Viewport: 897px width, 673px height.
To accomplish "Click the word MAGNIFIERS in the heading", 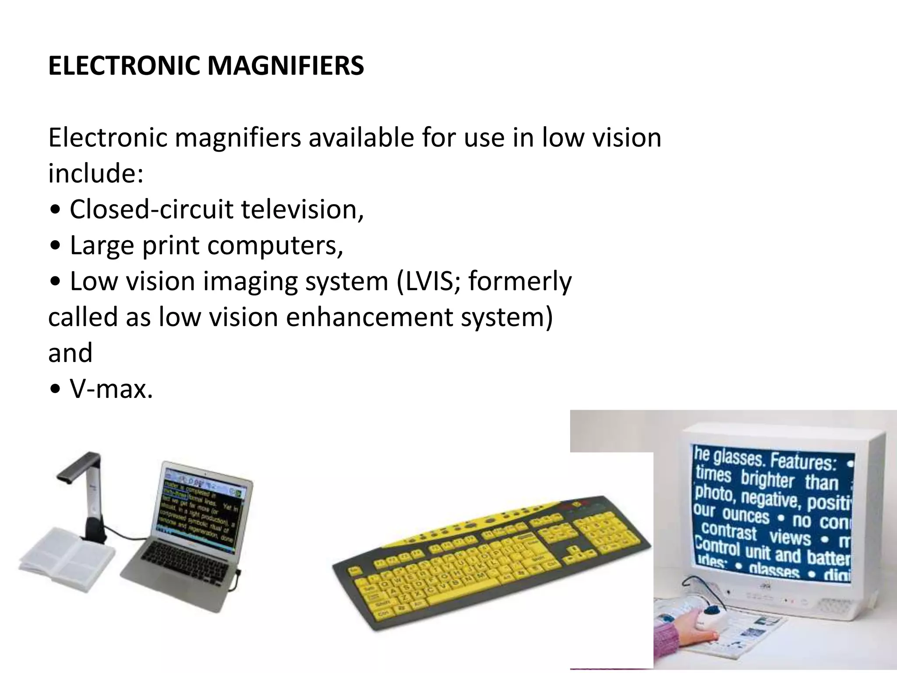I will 285,66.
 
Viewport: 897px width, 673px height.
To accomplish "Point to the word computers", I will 275,245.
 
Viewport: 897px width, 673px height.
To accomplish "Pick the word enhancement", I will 369,317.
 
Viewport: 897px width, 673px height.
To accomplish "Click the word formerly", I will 520,281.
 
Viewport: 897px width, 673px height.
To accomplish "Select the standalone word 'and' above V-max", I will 70,353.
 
